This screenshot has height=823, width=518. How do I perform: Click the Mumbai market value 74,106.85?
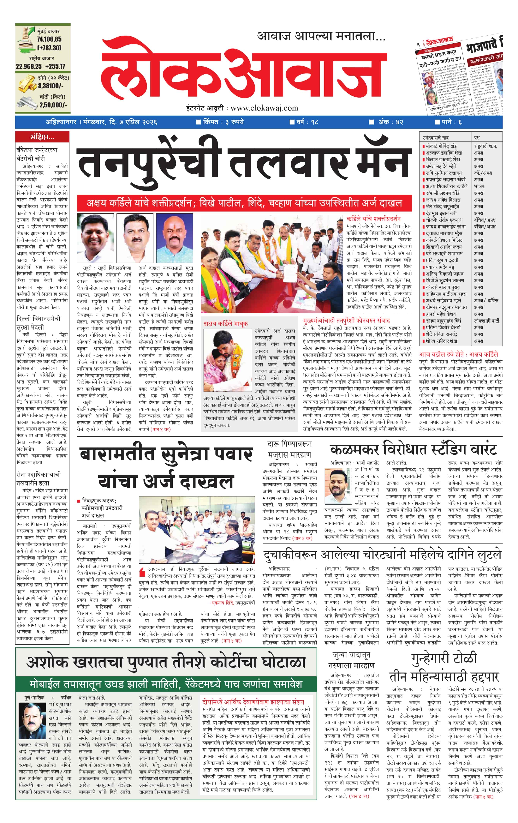pos(49,39)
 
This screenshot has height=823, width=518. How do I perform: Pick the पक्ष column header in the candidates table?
pos(477,137)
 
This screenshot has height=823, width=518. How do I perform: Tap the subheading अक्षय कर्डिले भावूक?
pos(225,323)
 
